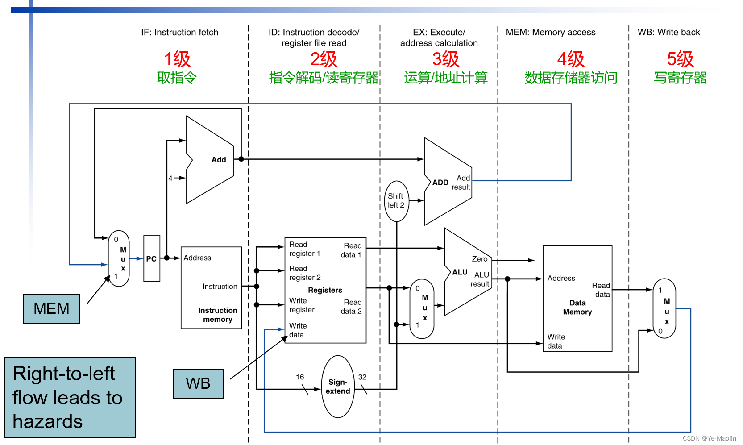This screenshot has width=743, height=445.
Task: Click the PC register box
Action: pos(151,258)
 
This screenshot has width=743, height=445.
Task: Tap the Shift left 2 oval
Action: pos(396,201)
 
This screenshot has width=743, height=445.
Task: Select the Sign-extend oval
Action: pos(338,387)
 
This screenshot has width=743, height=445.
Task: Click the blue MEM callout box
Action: pos(51,308)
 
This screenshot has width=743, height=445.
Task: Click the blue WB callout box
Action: pos(198,383)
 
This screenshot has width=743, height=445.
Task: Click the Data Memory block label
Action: pos(577,308)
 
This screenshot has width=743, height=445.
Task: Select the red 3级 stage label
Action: pos(445,59)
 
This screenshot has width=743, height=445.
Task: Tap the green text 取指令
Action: pos(177,78)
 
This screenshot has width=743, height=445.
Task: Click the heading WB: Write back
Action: pos(668,32)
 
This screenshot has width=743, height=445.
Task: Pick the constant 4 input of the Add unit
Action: pos(170,178)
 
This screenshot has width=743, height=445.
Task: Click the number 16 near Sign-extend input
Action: pos(300,377)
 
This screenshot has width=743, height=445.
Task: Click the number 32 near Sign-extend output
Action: pos(362,377)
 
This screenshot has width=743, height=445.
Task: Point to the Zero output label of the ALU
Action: pos(480,259)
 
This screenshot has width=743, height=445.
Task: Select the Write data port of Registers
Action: pos(297,330)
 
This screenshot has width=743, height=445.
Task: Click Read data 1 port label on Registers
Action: pos(352,250)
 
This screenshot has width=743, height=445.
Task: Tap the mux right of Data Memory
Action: pos(664,308)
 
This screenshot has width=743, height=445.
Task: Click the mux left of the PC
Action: pos(119,258)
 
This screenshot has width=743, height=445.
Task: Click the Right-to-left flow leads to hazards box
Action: pos(70,397)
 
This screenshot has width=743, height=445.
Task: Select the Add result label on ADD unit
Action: pos(461,183)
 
